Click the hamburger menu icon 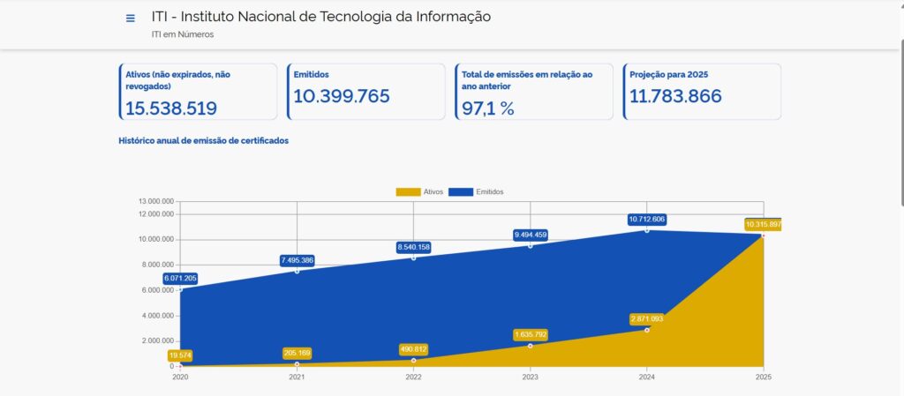point(131,19)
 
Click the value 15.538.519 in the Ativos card point(171,108)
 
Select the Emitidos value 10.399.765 point(342,96)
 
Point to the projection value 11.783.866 point(675,96)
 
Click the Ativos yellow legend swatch point(409,192)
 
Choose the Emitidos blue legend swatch point(461,192)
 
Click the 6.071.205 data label point(180,279)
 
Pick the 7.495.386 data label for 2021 point(297,260)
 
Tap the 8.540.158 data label point(413,248)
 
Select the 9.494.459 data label point(530,235)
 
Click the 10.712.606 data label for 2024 point(646,219)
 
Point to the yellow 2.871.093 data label point(646,318)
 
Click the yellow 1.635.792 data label point(530,335)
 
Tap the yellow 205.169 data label point(297,353)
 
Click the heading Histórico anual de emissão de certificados point(204,140)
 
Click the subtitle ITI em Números point(183,35)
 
